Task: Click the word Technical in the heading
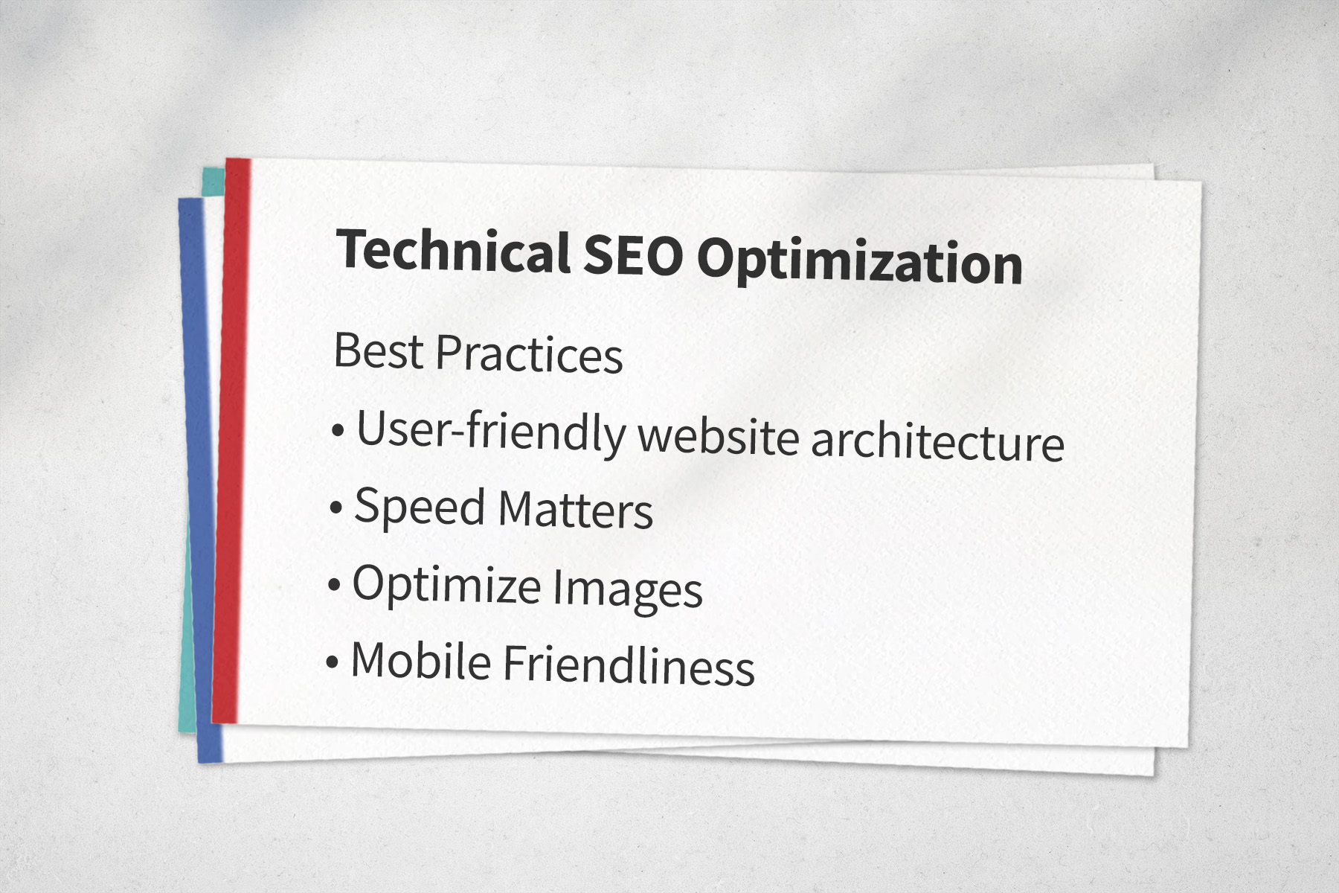[x=453, y=251]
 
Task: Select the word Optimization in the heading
[x=859, y=263]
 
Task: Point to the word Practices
[x=529, y=353]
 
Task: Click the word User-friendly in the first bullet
[x=492, y=431]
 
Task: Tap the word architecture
[x=938, y=441]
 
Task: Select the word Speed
[x=420, y=508]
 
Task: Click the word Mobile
[x=421, y=660]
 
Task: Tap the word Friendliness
[x=629, y=665]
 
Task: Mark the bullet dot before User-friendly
[x=338, y=430]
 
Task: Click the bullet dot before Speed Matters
[x=336, y=508]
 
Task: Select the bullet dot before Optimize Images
[x=334, y=585]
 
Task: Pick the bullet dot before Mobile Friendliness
[x=333, y=662]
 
